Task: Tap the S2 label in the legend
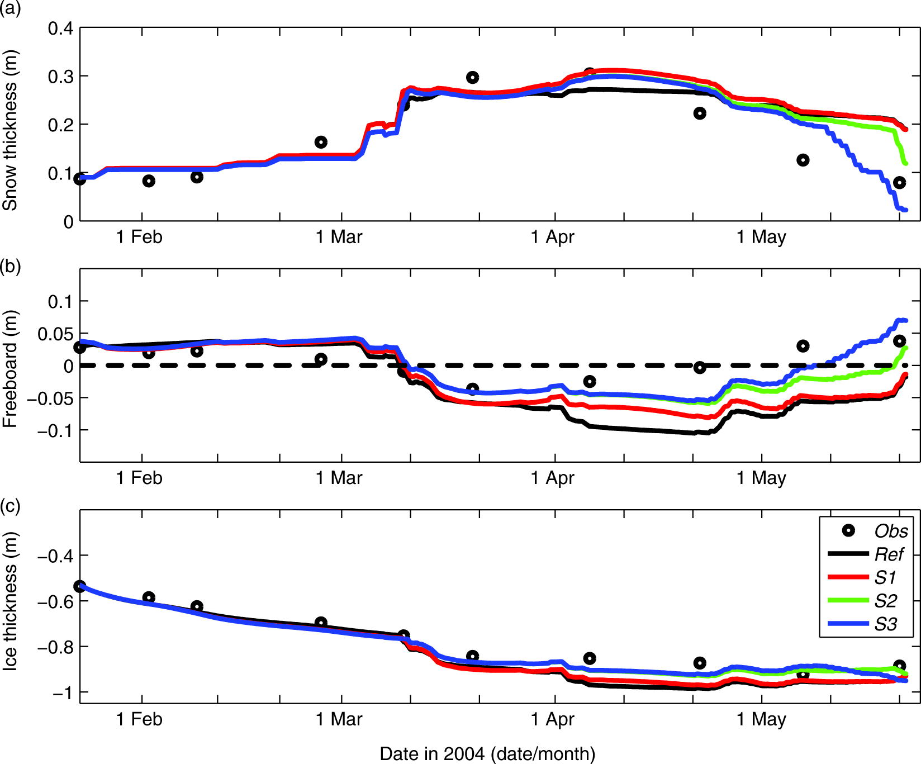coord(885,601)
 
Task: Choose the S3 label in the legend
coord(885,624)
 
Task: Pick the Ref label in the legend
coord(889,554)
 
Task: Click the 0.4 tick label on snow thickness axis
coord(60,29)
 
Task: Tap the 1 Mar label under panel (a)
coord(339,237)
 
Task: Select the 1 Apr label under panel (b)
coord(552,478)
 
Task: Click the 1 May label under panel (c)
coord(761,719)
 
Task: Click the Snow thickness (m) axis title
coord(10,130)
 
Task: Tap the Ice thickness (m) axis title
coord(10,601)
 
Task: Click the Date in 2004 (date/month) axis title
coord(487,753)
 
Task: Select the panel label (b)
coord(10,266)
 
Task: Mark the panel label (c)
coord(10,506)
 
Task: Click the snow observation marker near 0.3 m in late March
coord(472,78)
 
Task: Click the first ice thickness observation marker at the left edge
coord(80,586)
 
